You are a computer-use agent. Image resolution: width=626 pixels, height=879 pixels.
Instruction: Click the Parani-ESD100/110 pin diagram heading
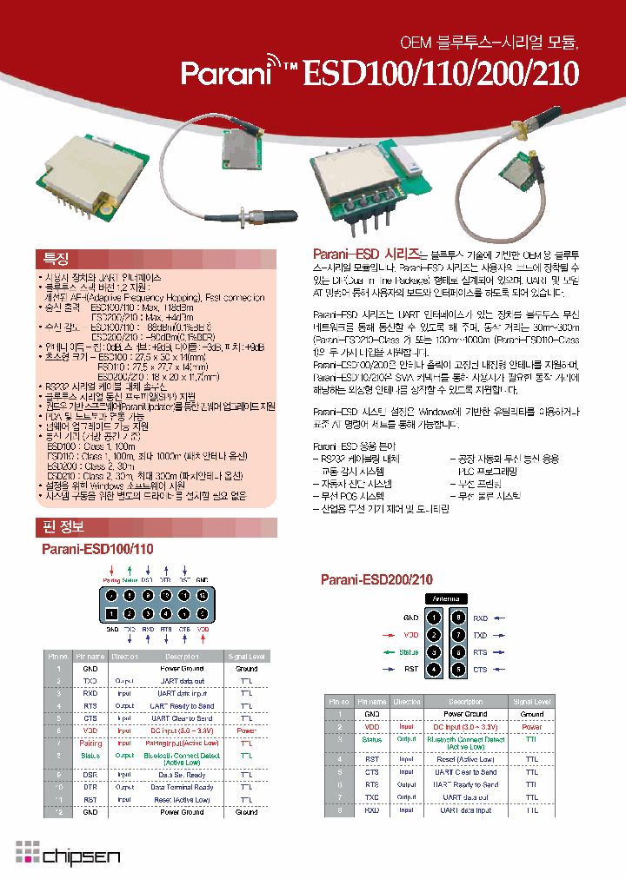(x=97, y=550)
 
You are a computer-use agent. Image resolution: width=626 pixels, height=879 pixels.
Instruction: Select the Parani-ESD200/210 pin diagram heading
(x=376, y=579)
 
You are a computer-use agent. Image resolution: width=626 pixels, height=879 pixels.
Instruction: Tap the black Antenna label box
(x=447, y=599)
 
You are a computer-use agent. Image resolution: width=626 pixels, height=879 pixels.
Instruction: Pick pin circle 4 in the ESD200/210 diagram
(x=434, y=670)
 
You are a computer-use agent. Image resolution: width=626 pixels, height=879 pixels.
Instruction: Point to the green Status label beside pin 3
(x=409, y=652)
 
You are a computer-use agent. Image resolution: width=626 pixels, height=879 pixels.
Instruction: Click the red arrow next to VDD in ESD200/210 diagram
(x=389, y=635)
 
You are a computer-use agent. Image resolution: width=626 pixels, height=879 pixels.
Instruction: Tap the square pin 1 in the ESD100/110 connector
(x=112, y=613)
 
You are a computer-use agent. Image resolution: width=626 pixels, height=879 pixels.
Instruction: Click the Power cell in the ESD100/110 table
(x=246, y=731)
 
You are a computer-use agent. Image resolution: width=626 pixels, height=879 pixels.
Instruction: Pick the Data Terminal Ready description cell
(x=183, y=787)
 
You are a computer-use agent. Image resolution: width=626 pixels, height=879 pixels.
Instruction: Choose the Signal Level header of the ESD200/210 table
(x=531, y=701)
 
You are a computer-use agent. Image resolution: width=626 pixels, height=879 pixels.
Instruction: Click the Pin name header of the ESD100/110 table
(x=90, y=657)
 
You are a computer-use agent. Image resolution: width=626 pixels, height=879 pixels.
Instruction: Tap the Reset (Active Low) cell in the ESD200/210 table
(x=466, y=759)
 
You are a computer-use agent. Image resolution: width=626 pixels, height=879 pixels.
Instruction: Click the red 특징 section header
(x=55, y=259)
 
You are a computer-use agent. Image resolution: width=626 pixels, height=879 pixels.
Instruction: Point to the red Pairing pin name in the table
(x=90, y=744)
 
